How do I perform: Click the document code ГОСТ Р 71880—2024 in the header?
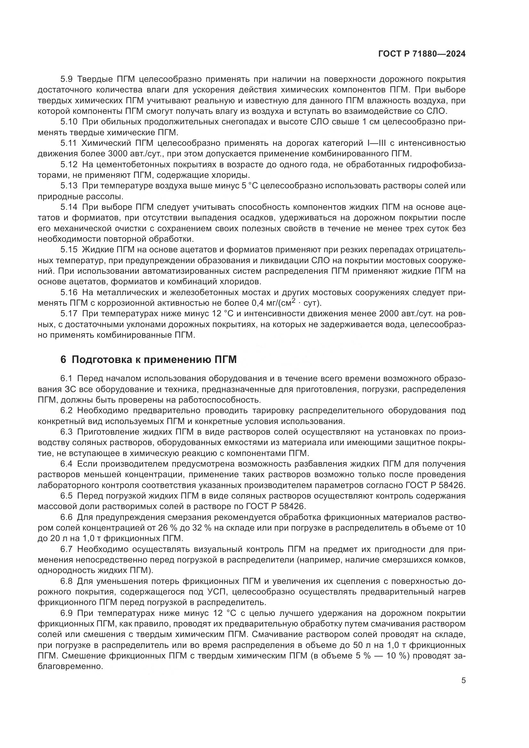pos(422,54)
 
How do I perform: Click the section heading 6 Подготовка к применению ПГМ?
pos(148,360)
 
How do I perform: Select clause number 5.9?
pos(68,79)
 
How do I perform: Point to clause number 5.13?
pos(69,186)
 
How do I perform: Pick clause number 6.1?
pos(66,379)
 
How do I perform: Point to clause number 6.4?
pos(67,464)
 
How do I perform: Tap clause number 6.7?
pos(67,549)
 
